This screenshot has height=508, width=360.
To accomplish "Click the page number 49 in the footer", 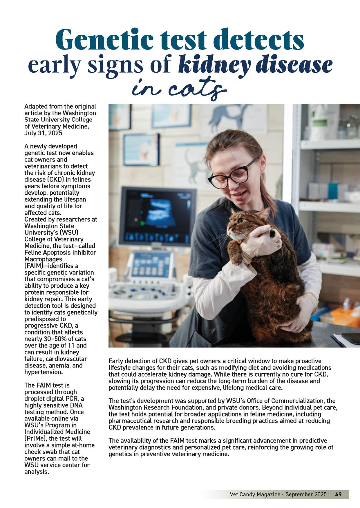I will click(338, 494).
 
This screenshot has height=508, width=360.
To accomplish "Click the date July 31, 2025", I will click(43, 133).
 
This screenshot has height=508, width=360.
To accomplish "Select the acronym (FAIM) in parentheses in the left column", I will click(34, 266).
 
